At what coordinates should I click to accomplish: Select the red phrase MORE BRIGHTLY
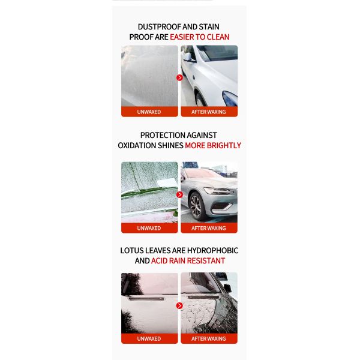coord(213,145)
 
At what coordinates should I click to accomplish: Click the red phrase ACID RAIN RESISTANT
coord(188,260)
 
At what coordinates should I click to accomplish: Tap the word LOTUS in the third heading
coord(135,250)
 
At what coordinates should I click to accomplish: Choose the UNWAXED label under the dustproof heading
coord(149,112)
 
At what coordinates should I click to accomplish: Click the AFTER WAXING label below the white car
coord(209,112)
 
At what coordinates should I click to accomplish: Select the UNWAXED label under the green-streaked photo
coord(149,228)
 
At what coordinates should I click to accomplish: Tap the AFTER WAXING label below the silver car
coord(209,228)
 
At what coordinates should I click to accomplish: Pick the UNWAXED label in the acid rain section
coord(149,338)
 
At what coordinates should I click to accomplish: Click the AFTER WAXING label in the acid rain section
coord(209,338)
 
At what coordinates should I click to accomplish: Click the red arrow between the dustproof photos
coord(179,77)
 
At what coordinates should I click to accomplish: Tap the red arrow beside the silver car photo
coord(179,194)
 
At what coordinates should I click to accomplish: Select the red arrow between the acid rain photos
coord(179,305)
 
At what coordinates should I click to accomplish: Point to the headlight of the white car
coord(229,98)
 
